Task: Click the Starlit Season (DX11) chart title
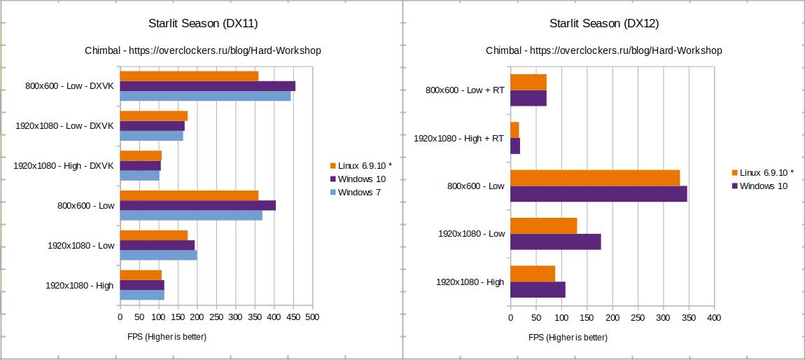click(203, 23)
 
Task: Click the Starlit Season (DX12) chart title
click(604, 23)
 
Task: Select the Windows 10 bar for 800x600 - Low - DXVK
click(207, 86)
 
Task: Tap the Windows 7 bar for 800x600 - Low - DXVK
click(205, 96)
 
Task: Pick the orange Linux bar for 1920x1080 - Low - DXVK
click(153, 116)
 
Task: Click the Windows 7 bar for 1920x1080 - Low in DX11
click(158, 255)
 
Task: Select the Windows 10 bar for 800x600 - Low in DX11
click(197, 205)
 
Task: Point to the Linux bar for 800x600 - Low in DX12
click(595, 178)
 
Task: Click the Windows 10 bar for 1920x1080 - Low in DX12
click(555, 242)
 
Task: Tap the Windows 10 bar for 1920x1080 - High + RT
click(515, 146)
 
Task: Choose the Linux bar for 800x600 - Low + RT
click(528, 82)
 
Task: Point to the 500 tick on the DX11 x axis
click(312, 317)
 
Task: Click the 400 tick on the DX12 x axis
click(714, 317)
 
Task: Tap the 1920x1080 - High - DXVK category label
click(63, 165)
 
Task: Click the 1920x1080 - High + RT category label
click(458, 138)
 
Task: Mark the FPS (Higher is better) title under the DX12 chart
click(568, 337)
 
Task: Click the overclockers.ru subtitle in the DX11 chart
click(203, 50)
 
